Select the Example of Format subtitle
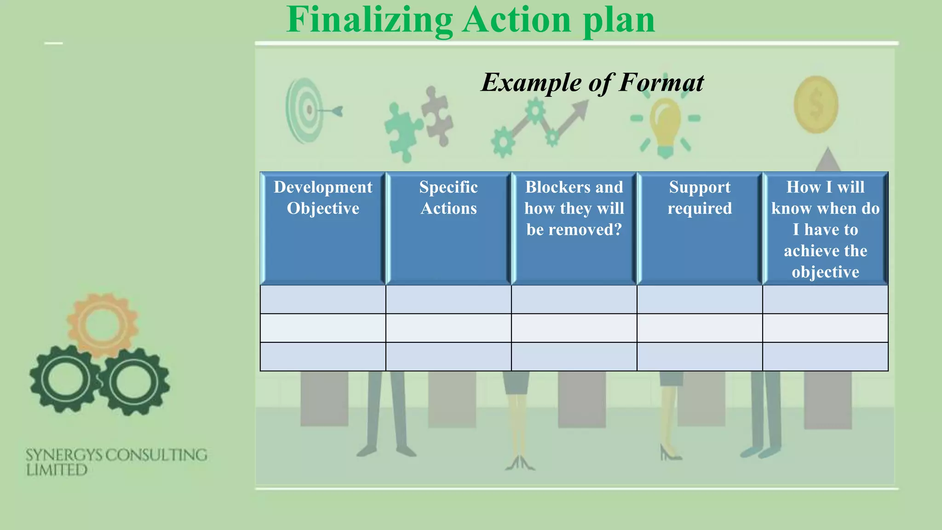(592, 83)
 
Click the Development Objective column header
(323, 198)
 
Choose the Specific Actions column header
(448, 198)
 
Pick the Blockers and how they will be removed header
(574, 208)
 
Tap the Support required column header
(700, 198)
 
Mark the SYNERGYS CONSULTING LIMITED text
(116, 462)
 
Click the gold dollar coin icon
(816, 105)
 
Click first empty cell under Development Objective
(323, 300)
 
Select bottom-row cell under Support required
(700, 357)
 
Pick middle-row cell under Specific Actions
(448, 328)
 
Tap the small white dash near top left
(53, 43)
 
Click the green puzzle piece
(402, 131)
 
